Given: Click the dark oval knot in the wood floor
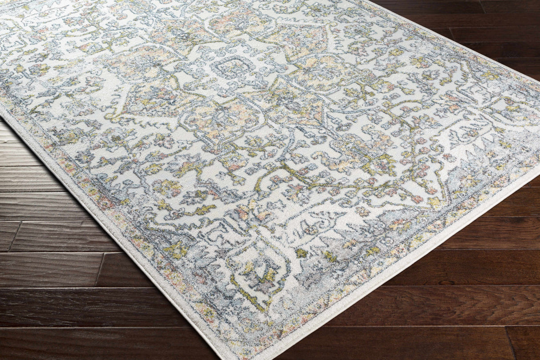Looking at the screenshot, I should (446, 283).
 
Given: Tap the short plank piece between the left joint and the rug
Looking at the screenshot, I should (58, 236).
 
